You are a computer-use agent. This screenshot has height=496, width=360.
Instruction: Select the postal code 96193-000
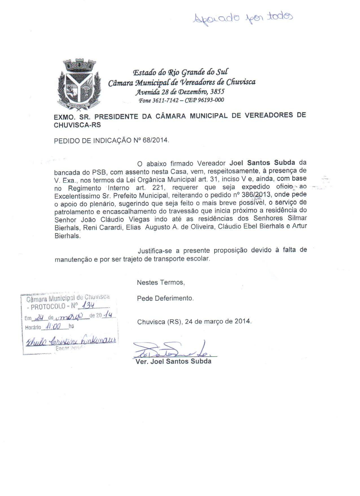click(210, 100)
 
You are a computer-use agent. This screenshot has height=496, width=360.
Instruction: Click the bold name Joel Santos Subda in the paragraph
click(262, 163)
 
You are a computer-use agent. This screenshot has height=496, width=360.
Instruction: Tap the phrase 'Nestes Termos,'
click(161, 282)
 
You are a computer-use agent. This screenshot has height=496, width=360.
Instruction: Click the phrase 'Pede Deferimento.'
click(165, 298)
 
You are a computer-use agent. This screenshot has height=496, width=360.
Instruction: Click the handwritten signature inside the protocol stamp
click(71, 341)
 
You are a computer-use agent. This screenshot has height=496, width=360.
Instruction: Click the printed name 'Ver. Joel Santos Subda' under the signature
click(174, 361)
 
